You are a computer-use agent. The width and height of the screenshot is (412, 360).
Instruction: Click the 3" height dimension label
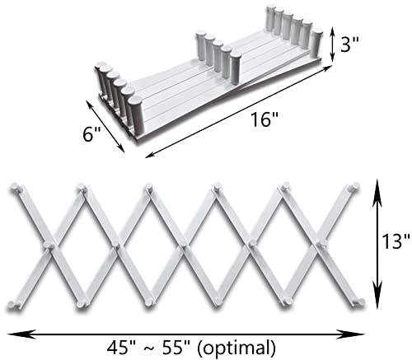click(x=349, y=44)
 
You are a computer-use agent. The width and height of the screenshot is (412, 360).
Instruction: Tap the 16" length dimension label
click(x=265, y=119)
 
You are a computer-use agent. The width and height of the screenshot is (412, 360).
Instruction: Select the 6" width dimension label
click(x=91, y=134)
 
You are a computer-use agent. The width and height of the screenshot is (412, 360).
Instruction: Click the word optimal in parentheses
click(x=236, y=348)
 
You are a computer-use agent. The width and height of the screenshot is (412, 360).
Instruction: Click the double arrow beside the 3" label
click(x=332, y=44)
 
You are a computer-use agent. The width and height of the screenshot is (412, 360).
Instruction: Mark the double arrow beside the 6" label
click(x=105, y=126)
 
